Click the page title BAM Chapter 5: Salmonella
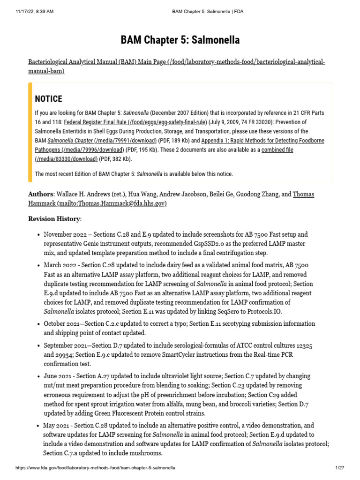click(x=180, y=40)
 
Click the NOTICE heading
click(x=48, y=99)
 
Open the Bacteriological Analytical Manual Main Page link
click(x=176, y=66)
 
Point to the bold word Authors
click(x=41, y=194)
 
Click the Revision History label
click(x=54, y=219)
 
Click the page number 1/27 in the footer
click(x=340, y=468)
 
